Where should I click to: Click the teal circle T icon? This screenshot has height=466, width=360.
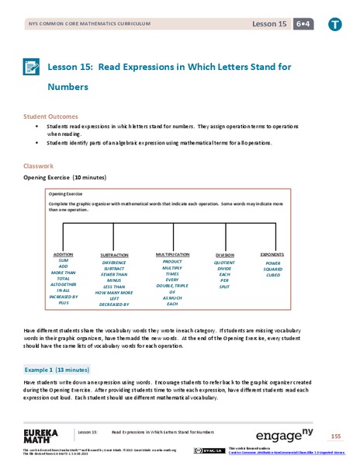[334, 24]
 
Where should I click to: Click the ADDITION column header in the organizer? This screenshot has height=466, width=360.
[63, 254]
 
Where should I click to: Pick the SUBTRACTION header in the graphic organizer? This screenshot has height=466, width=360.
[115, 255]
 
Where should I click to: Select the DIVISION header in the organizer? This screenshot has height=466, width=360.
[224, 255]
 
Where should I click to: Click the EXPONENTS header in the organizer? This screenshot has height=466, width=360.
[272, 254]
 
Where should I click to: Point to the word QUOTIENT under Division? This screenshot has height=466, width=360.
[224, 262]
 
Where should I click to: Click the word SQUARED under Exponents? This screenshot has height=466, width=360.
[272, 269]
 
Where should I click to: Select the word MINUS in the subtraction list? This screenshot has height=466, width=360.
[115, 283]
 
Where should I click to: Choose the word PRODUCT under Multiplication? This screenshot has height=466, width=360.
[172, 262]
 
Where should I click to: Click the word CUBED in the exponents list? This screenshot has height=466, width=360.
[272, 276]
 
